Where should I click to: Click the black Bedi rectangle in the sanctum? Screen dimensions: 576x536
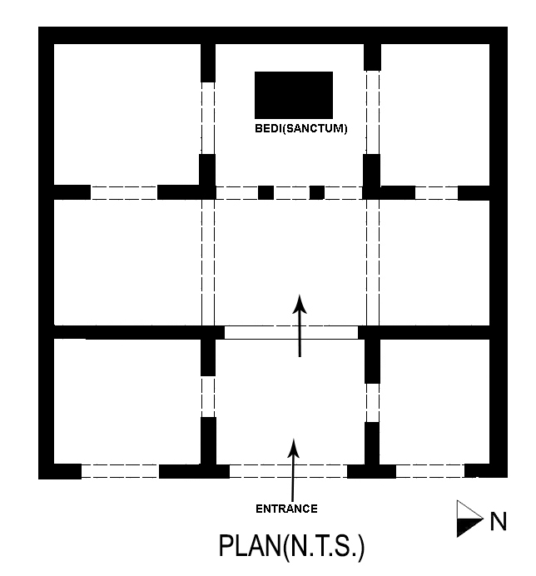[294, 95]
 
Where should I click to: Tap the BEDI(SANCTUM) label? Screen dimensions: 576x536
[300, 129]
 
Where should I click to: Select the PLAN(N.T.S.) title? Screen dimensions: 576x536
[291, 547]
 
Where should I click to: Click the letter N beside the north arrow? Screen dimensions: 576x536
[499, 522]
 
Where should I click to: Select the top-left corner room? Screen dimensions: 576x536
[127, 113]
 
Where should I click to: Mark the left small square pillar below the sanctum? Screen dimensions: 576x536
[266, 192]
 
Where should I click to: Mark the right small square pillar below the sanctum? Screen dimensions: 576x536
[316, 192]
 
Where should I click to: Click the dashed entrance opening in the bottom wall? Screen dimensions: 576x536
[288, 471]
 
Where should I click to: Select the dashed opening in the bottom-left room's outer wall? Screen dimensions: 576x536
[120, 471]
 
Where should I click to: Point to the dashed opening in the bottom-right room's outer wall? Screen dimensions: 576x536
[429, 471]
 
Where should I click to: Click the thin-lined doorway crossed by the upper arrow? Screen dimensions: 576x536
[291, 332]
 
